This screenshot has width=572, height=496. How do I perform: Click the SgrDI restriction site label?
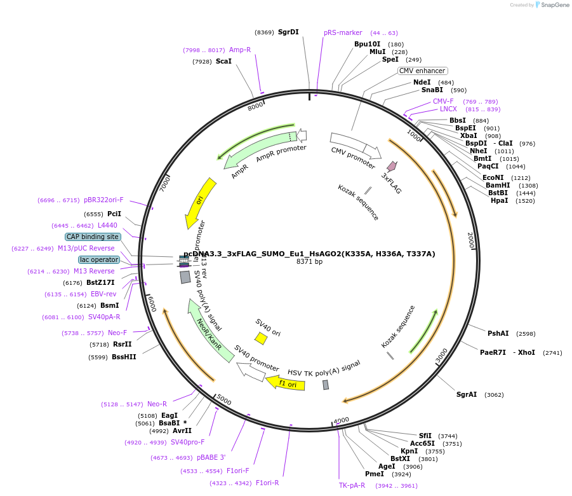288,32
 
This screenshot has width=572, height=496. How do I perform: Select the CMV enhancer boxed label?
422,71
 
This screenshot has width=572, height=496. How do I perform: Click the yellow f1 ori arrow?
285,383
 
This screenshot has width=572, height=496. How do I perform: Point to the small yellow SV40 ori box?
261,338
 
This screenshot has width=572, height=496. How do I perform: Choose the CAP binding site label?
93,237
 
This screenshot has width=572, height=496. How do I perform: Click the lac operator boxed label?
99,259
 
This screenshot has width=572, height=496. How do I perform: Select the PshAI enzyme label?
498,333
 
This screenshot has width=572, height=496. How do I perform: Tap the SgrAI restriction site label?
467,394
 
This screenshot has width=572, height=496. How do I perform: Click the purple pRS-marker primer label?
343,32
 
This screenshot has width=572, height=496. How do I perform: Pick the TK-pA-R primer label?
352,485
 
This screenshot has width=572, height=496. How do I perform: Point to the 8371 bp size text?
309,262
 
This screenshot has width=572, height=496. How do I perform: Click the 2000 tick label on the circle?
470,240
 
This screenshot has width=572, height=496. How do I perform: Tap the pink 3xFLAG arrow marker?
392,167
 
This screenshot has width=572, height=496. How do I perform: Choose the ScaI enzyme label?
223,62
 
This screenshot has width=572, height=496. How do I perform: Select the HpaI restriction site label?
499,201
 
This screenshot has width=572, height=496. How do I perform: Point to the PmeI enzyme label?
374,474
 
